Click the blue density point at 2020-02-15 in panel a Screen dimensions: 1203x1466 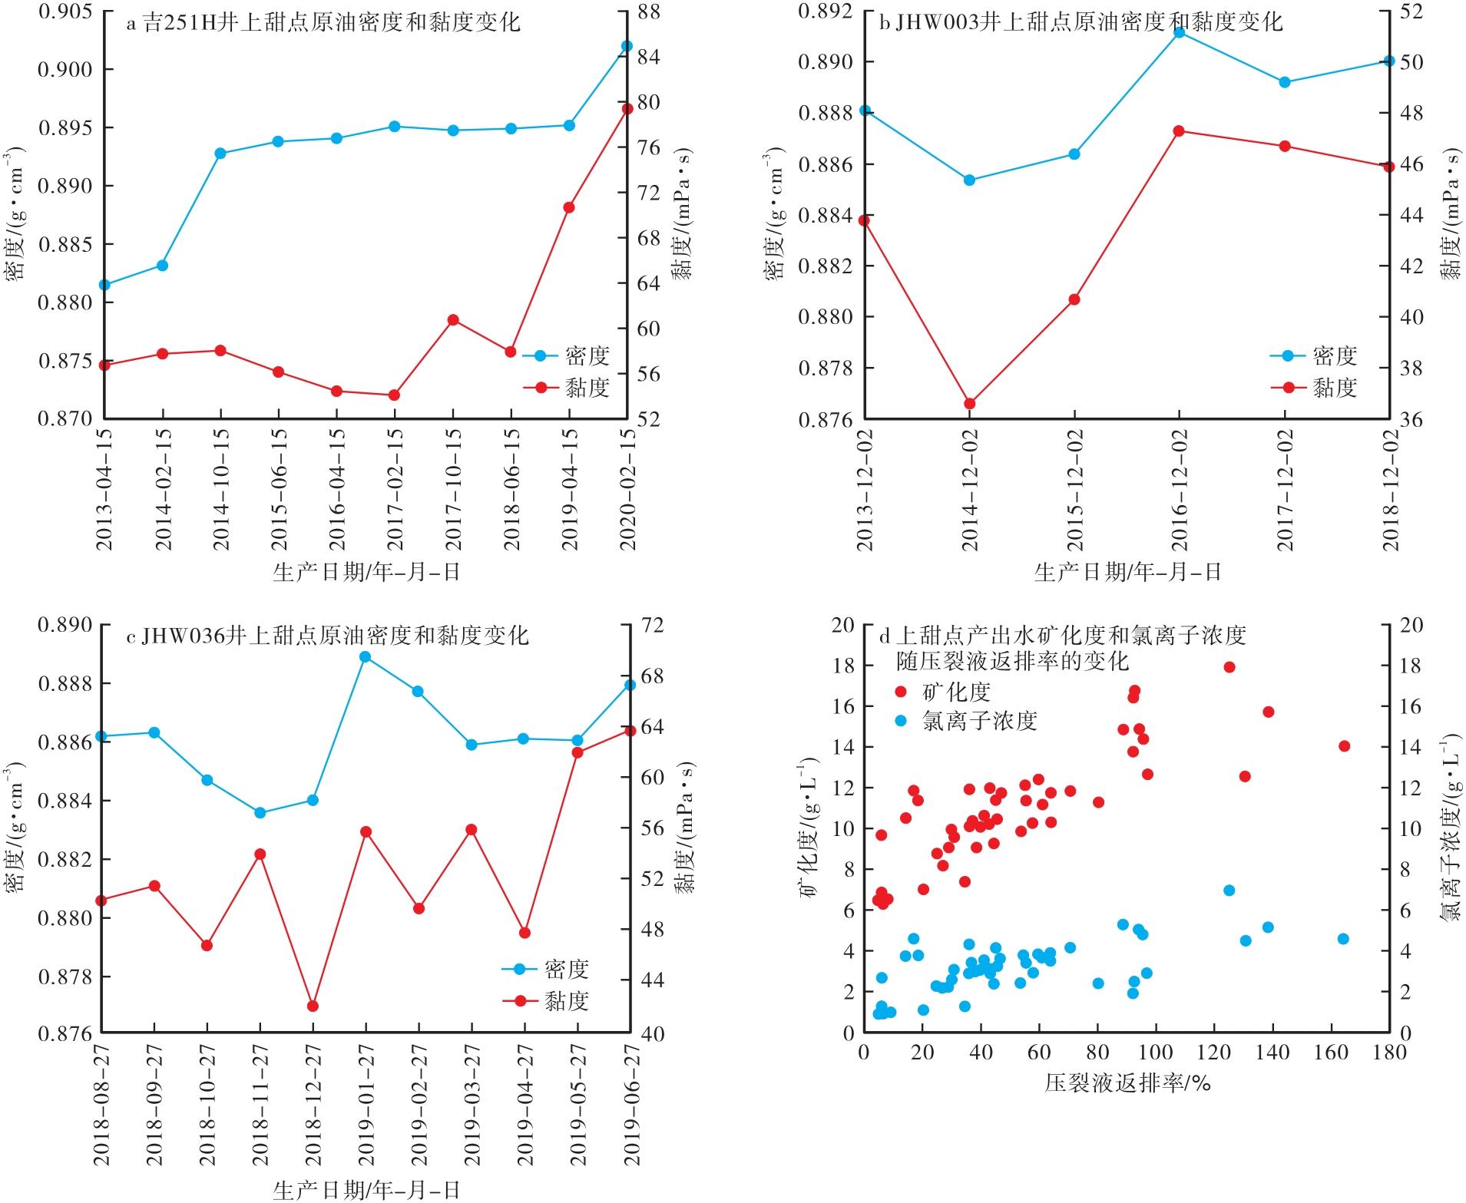coord(626,46)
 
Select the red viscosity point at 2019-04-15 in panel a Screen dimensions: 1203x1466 coord(569,207)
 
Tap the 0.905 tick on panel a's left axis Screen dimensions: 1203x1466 coord(65,12)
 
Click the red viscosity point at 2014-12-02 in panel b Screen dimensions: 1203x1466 coord(969,404)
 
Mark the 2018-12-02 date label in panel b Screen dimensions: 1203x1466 coord(1390,491)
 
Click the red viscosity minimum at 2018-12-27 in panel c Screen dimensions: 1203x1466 coord(313,1006)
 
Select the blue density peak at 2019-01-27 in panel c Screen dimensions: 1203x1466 coord(366,656)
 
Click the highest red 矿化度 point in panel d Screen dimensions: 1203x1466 coord(1229,667)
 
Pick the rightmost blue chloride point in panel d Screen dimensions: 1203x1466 coord(1343,939)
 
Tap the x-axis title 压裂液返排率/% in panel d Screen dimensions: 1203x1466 coord(1127,1083)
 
